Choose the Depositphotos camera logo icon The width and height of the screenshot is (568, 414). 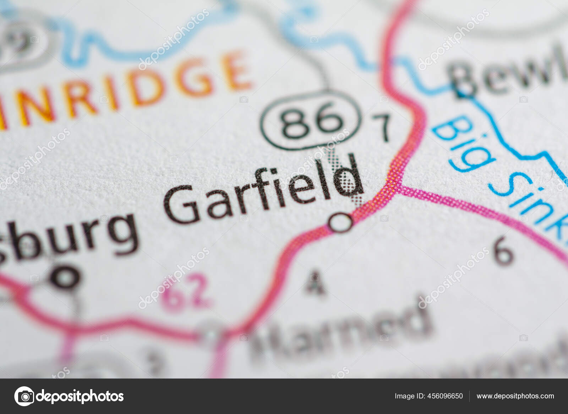coord(24,396)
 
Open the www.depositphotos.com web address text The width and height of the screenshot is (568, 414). coord(515,396)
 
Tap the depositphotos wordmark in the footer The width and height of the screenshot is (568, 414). coord(80,396)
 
